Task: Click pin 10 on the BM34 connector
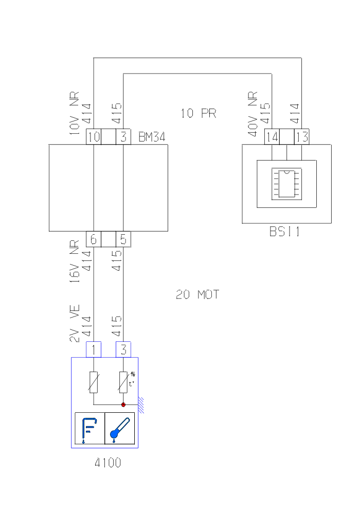[94, 137]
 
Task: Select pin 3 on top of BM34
[123, 137]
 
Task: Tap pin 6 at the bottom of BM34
[94, 239]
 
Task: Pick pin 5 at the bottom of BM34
[123, 239]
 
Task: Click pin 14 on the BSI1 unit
[272, 137]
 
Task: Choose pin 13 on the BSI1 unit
[301, 137]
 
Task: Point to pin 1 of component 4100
[94, 349]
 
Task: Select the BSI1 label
[284, 232]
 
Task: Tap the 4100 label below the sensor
[108, 463]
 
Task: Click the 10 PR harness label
[198, 113]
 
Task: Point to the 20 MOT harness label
[197, 295]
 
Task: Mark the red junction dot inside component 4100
[123, 405]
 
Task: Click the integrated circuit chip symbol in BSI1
[287, 183]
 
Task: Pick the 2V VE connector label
[75, 324]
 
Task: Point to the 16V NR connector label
[75, 262]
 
